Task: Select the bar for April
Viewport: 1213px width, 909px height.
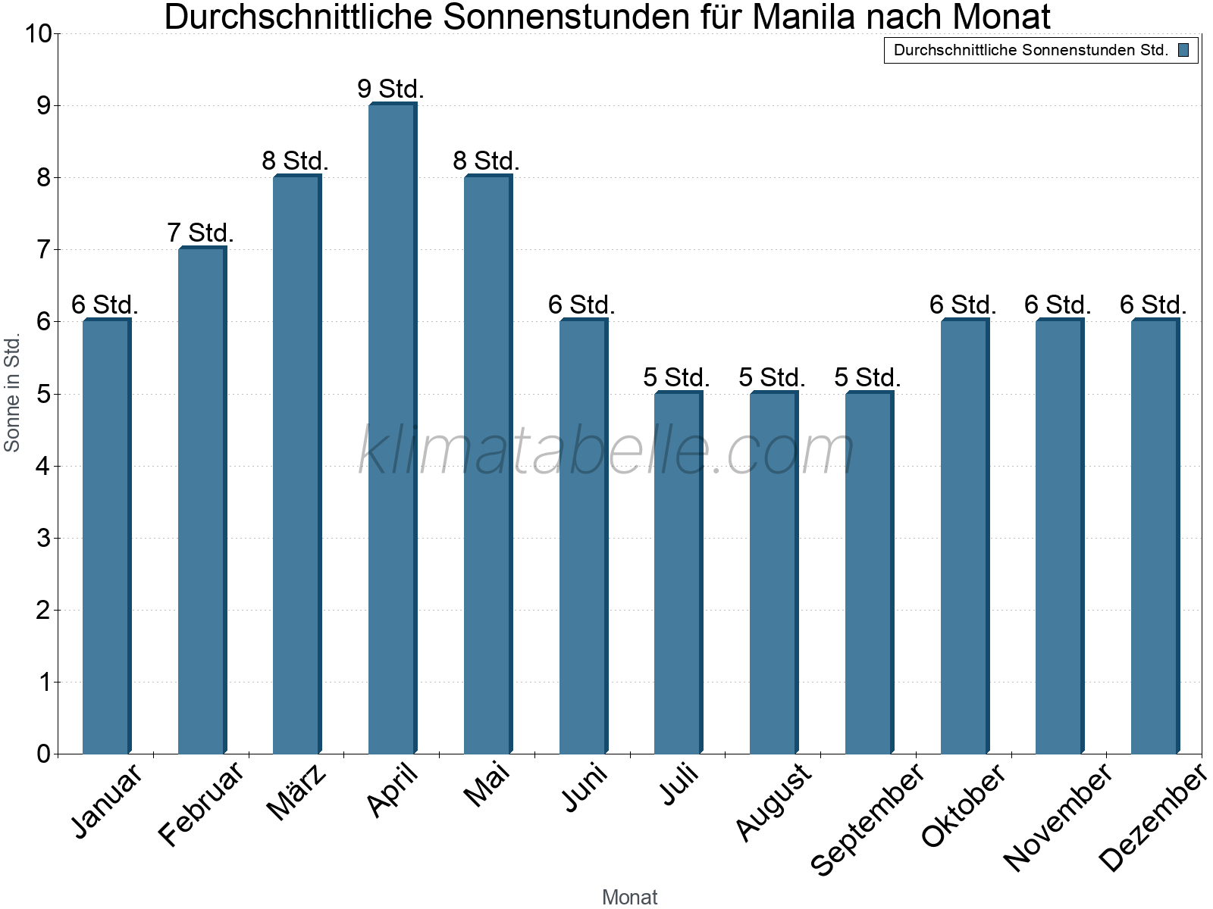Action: click(392, 428)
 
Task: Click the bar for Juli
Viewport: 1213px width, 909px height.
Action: click(678, 572)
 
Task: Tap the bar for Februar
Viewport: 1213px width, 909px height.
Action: click(202, 500)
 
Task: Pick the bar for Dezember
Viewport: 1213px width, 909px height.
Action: click(1155, 536)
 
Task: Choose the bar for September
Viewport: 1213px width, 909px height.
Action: click(869, 572)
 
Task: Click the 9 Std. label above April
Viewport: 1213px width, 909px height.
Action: click(390, 89)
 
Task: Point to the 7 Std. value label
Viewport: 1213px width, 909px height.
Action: click(200, 233)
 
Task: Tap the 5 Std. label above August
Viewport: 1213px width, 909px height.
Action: click(772, 376)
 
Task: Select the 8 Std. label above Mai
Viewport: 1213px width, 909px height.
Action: click(486, 161)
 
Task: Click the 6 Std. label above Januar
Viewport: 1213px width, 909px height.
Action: click(105, 305)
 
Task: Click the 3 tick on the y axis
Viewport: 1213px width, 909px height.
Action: click(42, 539)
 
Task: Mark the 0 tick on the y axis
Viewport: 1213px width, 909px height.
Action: click(42, 754)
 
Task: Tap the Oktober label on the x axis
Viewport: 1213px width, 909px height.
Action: click(964, 806)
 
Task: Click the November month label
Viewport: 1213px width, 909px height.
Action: click(1058, 817)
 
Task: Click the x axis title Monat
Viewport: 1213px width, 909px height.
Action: click(629, 897)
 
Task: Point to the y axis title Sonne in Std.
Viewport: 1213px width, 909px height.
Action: click(12, 393)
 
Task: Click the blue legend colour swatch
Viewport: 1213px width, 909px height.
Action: click(1183, 51)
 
